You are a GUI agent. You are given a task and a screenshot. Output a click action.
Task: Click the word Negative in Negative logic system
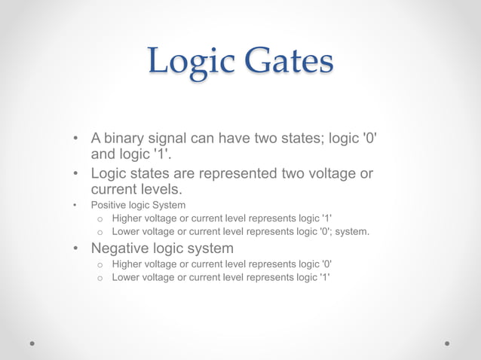(x=122, y=248)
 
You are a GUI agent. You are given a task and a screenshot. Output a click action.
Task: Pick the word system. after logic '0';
(x=352, y=231)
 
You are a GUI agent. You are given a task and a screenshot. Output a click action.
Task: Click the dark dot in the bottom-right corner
(x=447, y=343)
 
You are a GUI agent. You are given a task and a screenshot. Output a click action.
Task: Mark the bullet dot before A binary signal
(x=76, y=140)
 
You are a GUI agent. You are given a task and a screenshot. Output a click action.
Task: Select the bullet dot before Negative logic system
(x=76, y=249)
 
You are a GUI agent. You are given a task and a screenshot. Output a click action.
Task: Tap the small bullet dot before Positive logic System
(x=75, y=205)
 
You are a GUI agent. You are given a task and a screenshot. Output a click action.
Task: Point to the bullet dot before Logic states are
(x=76, y=175)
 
